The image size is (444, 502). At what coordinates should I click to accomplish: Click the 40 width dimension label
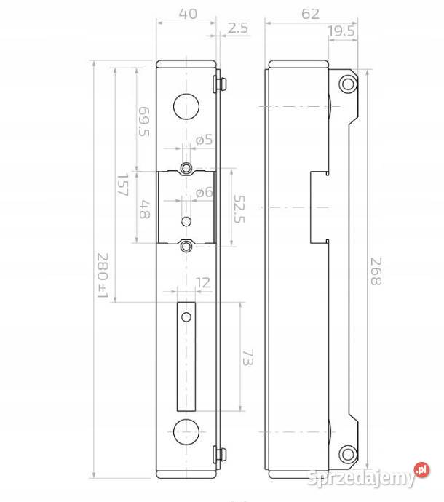(188, 14)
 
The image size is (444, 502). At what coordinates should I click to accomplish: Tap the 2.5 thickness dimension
(238, 28)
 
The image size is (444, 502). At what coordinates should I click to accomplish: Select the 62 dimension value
(310, 14)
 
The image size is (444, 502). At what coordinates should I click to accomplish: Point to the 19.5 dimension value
(341, 31)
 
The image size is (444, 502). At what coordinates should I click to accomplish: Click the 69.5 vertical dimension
(144, 121)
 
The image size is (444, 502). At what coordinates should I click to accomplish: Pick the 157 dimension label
(123, 185)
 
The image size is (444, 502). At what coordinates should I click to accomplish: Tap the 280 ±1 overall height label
(103, 275)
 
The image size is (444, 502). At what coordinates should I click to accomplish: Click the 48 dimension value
(144, 210)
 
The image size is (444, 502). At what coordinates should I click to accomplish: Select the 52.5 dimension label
(239, 209)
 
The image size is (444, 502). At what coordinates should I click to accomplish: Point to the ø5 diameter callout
(205, 140)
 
